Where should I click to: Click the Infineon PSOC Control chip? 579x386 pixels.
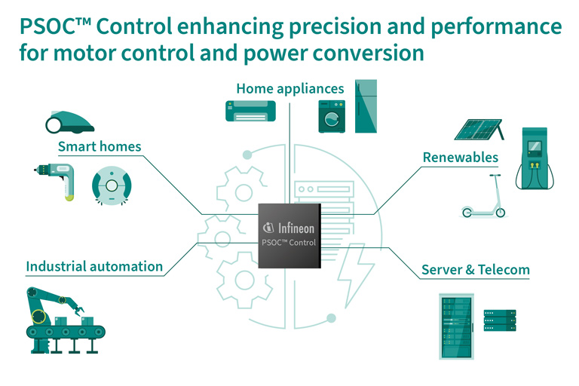289,234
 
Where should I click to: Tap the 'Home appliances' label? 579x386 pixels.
289,88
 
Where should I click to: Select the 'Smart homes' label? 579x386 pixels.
100,146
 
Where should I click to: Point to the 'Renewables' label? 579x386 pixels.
460,158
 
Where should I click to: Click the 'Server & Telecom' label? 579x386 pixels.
475,269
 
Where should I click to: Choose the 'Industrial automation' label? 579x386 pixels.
94,266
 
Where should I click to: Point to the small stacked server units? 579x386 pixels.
499,320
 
